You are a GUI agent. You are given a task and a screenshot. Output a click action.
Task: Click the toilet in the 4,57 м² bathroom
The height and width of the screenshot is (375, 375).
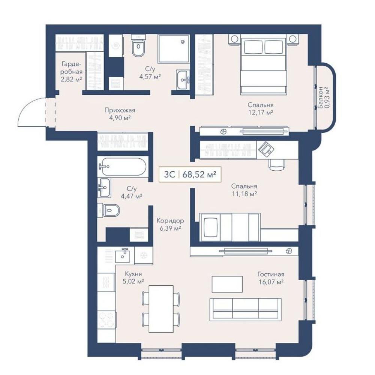pos(138,46)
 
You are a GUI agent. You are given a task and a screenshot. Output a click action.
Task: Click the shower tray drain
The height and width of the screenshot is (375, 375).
pos(183,42)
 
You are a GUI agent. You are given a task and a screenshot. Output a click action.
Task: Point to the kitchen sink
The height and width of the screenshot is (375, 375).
pos(123,255)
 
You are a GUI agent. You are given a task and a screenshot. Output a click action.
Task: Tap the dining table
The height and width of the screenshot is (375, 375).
pos(161,309)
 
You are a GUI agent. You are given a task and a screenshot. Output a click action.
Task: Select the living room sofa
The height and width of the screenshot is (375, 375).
pos(245,309)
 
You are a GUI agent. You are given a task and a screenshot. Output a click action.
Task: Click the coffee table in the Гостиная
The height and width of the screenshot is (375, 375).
pos(227,284)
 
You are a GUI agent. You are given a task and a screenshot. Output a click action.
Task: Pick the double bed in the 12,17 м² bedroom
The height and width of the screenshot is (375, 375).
pos(264,64)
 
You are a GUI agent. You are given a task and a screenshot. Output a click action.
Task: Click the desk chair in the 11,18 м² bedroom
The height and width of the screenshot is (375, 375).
pos(277,165)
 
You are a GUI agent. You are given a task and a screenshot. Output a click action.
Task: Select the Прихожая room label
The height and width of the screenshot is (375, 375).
pos(120,110)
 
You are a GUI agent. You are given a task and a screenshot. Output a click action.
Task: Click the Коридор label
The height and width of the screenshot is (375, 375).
pos(170,220)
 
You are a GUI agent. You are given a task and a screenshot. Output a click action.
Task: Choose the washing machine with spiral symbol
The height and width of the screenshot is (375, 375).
pos(116,46)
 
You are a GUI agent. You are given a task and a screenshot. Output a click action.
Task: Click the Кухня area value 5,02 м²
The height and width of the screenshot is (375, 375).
pos(133,281)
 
